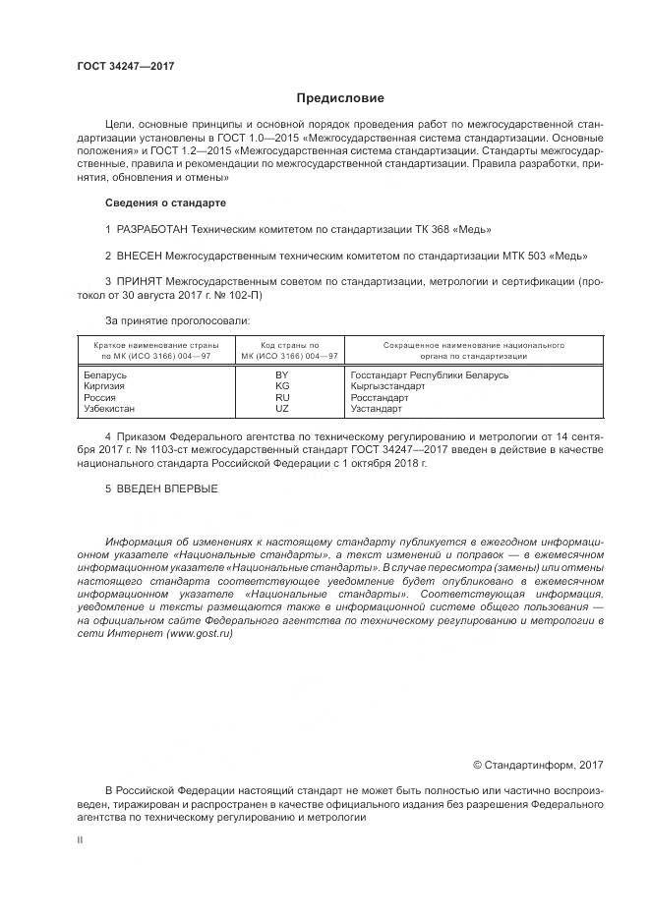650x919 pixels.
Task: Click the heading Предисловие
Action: pos(340,98)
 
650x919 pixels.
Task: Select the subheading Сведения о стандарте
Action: pos(165,202)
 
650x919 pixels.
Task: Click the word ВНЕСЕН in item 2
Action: pos(140,256)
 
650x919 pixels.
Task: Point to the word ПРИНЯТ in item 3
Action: pos(140,282)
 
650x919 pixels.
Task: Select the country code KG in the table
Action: pos(282,387)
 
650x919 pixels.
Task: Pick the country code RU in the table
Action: pos(282,398)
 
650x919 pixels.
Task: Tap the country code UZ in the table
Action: pos(282,408)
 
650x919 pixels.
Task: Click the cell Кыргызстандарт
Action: pos(387,387)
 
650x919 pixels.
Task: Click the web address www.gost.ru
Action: pos(201,635)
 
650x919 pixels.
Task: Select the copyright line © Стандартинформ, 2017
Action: pos(538,765)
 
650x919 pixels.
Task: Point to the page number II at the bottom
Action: pos(81,840)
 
